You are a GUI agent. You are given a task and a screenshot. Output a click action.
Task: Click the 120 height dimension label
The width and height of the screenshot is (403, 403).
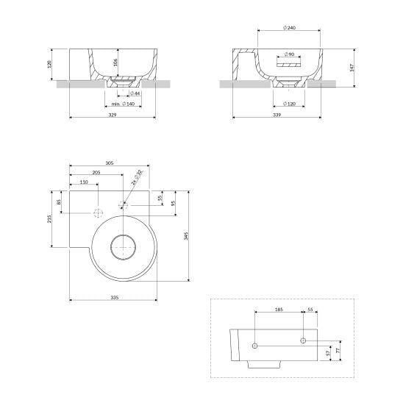[49, 64]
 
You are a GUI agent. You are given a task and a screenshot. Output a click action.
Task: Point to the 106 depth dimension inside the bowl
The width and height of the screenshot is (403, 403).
[115, 63]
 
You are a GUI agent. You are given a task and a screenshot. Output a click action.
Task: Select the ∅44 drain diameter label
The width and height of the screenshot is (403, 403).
[135, 93]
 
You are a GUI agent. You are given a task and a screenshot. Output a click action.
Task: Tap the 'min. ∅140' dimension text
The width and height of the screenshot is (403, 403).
[123, 104]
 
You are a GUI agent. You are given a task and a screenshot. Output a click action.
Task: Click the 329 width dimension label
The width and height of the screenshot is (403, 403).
[113, 115]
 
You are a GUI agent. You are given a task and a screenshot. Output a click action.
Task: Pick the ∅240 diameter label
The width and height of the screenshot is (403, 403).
[289, 27]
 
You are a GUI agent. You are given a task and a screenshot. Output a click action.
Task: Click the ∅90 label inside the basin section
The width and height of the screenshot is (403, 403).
[289, 54]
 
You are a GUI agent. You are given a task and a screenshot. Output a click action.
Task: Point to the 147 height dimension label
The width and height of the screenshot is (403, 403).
[352, 68]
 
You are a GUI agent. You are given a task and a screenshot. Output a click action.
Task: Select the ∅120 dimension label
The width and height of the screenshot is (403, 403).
[289, 104]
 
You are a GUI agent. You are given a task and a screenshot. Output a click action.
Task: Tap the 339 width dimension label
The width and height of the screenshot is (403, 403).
[277, 115]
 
